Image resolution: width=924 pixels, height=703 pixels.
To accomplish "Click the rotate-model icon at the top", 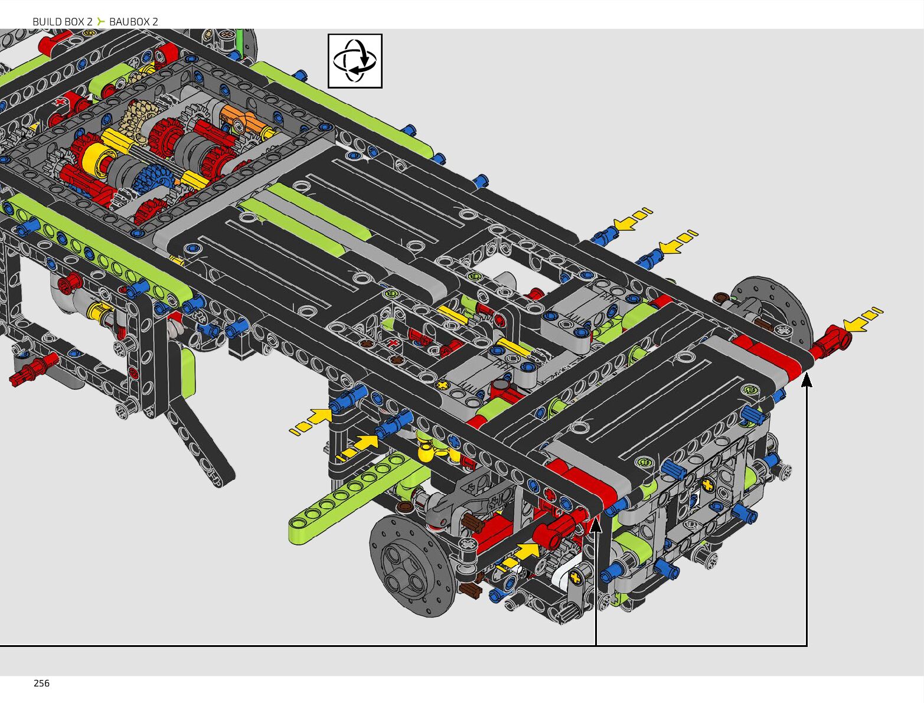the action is tap(355, 61).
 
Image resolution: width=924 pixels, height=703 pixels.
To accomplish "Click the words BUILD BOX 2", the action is tap(63, 22).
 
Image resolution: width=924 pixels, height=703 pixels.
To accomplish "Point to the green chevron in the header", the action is tap(100, 21).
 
